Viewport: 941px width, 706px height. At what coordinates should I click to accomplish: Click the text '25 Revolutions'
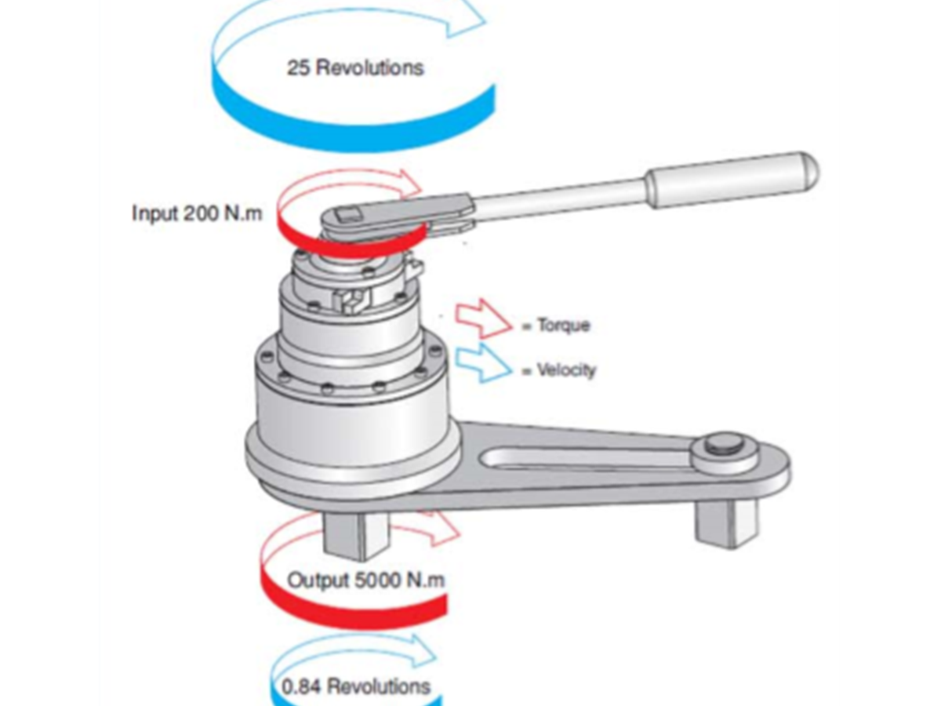[355, 67]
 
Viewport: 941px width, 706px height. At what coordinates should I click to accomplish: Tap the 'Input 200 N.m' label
[197, 213]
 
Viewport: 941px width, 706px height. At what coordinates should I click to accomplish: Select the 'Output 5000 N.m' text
[365, 580]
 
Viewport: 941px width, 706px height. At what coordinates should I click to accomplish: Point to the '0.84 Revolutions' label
[355, 686]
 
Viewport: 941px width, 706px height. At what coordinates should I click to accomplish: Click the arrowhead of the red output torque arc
[441, 529]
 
